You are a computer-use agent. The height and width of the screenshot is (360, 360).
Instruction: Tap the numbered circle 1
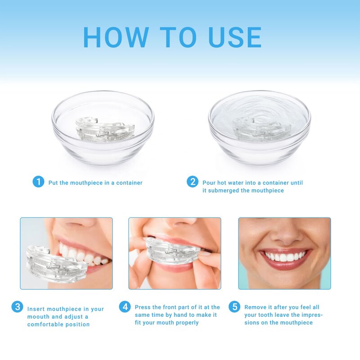[x=38, y=182]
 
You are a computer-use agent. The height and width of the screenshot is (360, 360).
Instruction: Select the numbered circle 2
[x=193, y=182]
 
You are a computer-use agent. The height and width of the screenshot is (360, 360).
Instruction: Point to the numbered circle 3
[x=17, y=307]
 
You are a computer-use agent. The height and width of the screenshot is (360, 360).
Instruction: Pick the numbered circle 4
[x=125, y=307]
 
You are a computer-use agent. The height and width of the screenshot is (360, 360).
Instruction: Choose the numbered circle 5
[x=234, y=307]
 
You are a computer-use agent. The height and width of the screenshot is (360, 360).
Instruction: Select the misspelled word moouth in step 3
[x=38, y=317]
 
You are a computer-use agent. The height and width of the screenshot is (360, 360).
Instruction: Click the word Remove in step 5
[x=256, y=307]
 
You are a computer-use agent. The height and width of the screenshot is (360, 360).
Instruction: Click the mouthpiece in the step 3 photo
[x=54, y=263]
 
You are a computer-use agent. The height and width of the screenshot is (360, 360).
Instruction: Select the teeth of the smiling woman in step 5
[x=284, y=257]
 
